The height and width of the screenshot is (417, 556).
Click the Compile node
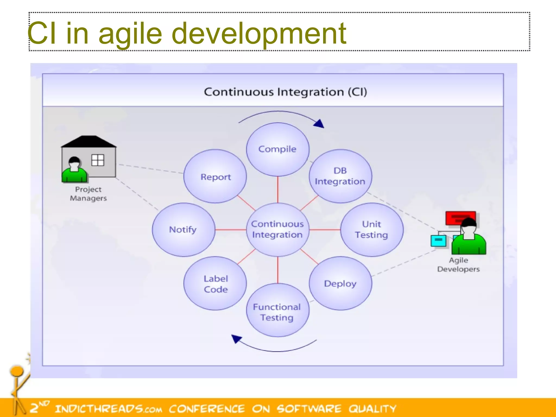point(277,149)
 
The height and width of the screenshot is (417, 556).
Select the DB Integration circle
point(340,176)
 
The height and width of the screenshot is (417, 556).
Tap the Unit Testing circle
point(371,229)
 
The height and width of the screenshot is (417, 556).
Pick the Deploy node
point(340,283)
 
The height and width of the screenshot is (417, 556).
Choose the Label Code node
point(215,283)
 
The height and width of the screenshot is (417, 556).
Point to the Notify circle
point(183,229)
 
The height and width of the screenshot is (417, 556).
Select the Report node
point(215,176)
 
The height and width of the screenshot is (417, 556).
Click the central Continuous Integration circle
point(277,229)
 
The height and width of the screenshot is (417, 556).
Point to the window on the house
point(97,160)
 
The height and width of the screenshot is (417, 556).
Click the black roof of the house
point(89,141)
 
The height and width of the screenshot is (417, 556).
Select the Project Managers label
point(88,194)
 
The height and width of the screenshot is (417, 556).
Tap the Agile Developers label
point(458,264)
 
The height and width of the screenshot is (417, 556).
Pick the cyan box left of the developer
point(438,241)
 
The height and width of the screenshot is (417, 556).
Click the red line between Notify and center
point(231,230)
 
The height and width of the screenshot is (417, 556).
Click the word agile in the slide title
point(130,34)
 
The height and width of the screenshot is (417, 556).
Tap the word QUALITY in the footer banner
point(372,409)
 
